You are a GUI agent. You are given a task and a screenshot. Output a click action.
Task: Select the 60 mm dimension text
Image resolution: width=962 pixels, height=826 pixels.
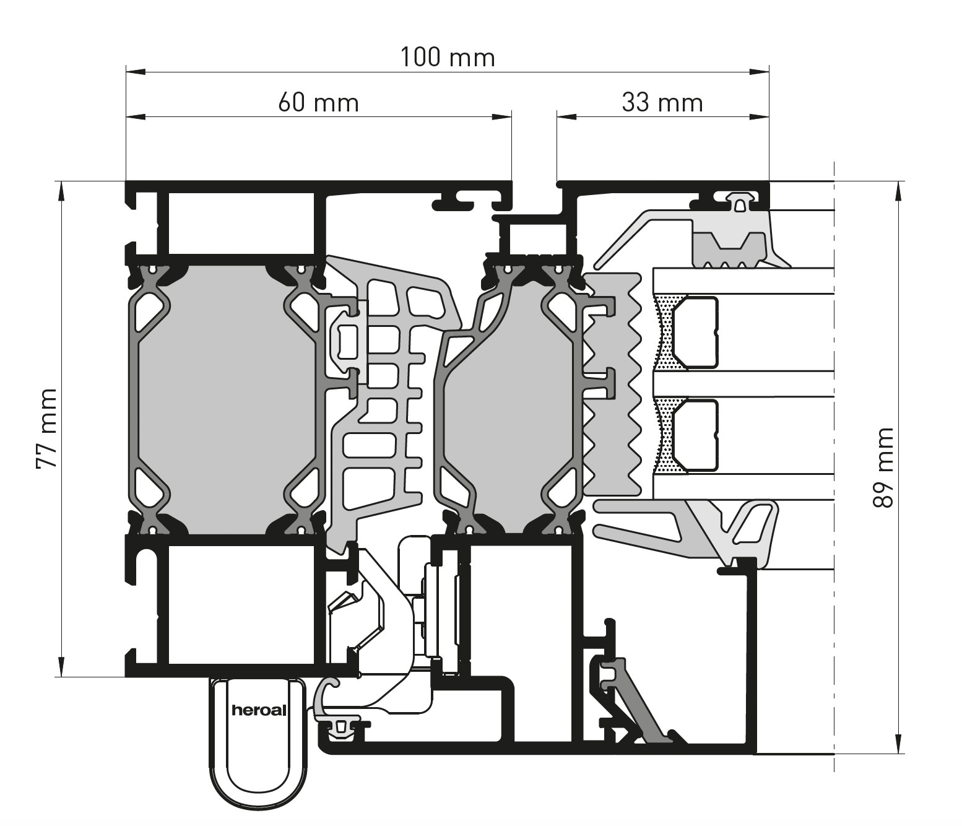pos(319,103)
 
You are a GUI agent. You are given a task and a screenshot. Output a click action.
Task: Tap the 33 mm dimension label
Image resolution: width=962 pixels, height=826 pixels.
pos(662,103)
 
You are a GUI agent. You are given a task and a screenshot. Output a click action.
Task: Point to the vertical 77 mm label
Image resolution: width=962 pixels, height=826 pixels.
pos(47,429)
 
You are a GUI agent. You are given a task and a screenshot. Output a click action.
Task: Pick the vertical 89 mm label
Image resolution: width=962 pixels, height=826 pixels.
pos(883,467)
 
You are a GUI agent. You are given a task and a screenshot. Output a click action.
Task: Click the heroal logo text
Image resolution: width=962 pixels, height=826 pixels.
pos(259,711)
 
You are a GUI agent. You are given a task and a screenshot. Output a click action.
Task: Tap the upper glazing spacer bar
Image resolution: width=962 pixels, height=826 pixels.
pos(695,333)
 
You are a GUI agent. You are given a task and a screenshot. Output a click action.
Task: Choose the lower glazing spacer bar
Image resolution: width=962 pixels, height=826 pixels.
pos(695,435)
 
